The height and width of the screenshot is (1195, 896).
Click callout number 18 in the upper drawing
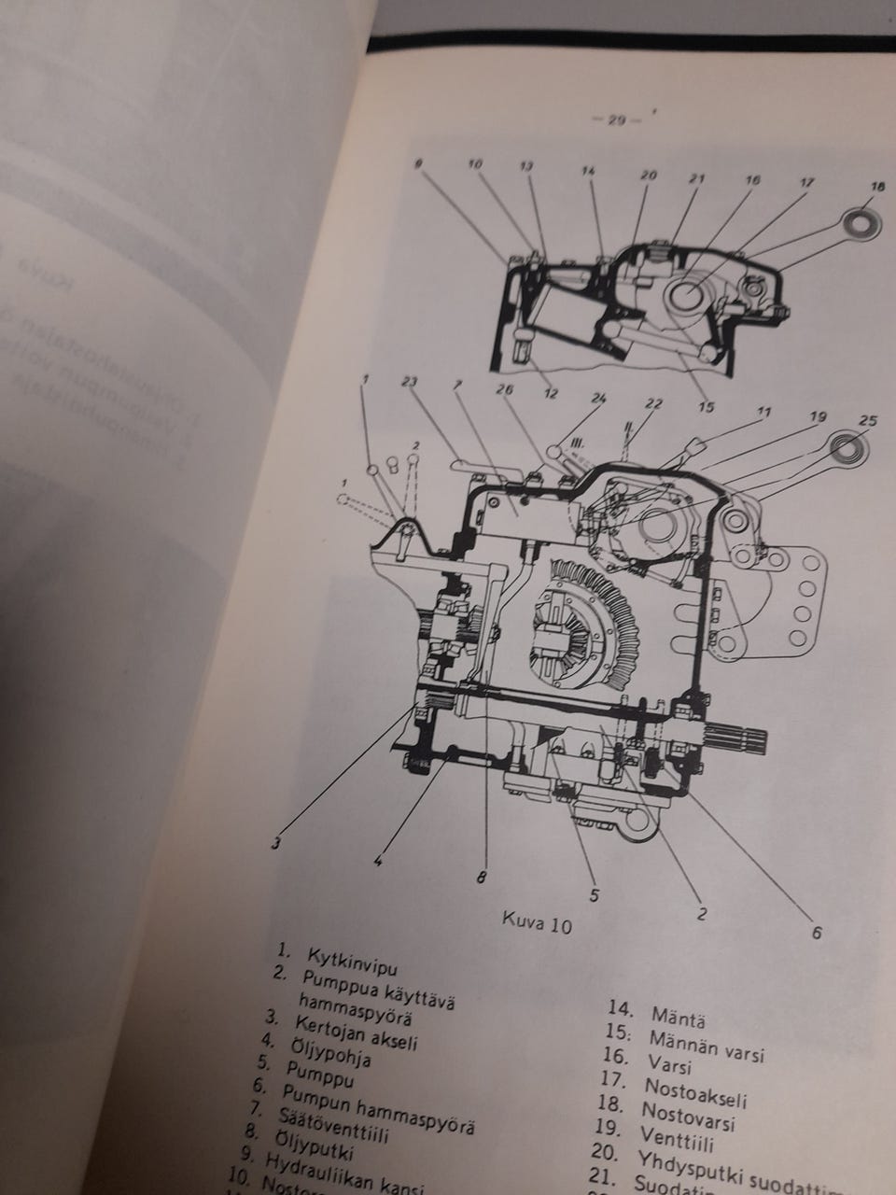click(875, 188)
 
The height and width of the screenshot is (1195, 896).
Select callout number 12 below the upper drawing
click(550, 394)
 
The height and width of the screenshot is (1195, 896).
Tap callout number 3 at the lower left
click(276, 843)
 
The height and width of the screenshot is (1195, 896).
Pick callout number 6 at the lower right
click(818, 931)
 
